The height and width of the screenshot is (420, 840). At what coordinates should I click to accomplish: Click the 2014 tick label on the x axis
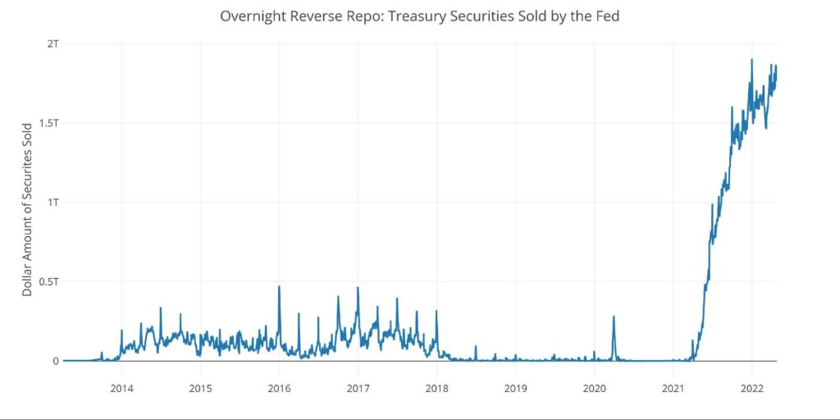[x=121, y=387]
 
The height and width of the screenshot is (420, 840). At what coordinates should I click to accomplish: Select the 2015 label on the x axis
[x=200, y=387]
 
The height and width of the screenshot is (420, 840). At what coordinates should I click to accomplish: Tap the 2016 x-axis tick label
[x=279, y=387]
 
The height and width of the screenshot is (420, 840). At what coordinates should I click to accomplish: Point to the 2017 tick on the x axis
[x=358, y=387]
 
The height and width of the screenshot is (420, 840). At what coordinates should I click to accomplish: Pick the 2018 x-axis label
[x=437, y=387]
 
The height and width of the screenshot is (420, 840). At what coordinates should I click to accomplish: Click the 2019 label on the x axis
[x=515, y=387]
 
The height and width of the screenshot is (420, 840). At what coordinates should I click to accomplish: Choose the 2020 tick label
[x=594, y=387]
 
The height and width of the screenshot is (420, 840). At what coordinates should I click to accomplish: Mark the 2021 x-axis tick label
[x=673, y=387]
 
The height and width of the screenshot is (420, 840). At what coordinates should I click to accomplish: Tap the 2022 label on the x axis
[x=752, y=387]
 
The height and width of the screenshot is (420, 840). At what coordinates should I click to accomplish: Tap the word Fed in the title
[x=606, y=16]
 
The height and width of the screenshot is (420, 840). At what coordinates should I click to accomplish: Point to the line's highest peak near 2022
[x=751, y=60]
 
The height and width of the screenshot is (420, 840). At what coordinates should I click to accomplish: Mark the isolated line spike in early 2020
[x=614, y=317]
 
